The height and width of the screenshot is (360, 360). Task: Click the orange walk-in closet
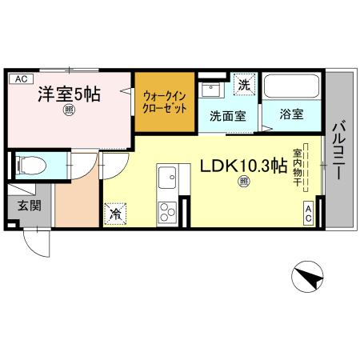click(x=164, y=102)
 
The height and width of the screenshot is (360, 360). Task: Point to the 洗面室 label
click(x=227, y=115)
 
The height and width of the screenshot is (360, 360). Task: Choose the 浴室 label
click(x=291, y=115)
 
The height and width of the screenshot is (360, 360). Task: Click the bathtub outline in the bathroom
click(x=291, y=86)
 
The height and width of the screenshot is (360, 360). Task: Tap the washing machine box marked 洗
click(x=245, y=82)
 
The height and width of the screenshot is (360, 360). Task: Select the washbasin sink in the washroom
click(x=212, y=88)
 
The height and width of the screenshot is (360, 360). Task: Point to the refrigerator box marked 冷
click(x=115, y=214)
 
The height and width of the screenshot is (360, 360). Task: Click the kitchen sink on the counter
click(x=168, y=176)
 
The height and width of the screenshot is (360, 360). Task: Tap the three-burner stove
click(x=168, y=211)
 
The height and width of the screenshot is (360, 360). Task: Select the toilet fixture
click(x=32, y=166)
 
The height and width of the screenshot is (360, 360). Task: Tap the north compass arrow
click(x=310, y=278)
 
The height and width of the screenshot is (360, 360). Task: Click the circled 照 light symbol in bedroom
click(x=70, y=113)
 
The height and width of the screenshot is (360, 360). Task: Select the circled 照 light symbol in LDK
click(x=242, y=182)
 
